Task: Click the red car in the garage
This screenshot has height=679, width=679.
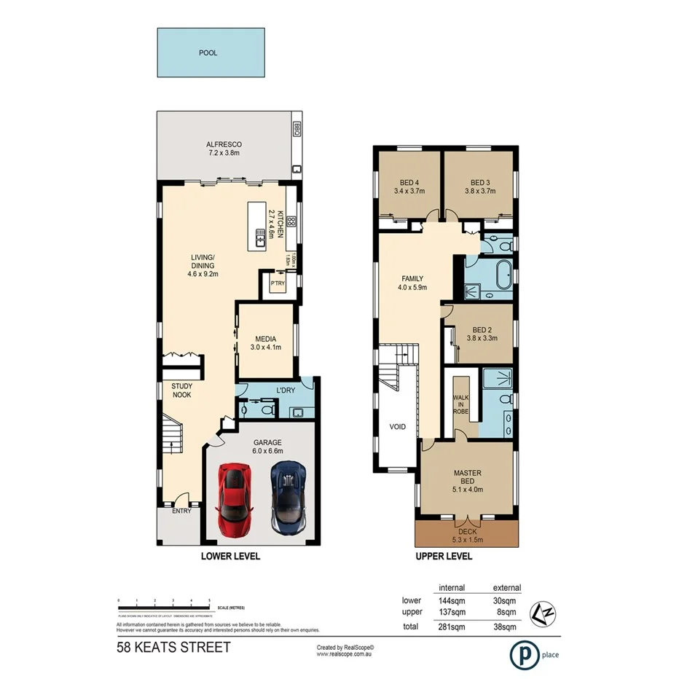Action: (x=235, y=501)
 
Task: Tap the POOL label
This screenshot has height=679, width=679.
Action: (x=208, y=53)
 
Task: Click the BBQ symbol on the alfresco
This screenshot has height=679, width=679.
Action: (x=297, y=129)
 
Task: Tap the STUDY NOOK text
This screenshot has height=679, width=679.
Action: (x=181, y=390)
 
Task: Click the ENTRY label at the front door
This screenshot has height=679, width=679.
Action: (x=181, y=511)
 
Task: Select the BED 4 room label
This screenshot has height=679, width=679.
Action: (x=409, y=187)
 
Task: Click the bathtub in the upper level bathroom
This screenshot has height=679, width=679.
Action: (x=502, y=278)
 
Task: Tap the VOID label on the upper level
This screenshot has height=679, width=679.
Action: (x=398, y=427)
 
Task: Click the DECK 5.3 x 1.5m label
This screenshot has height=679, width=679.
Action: (x=466, y=535)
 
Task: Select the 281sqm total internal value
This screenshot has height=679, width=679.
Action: (x=452, y=627)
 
